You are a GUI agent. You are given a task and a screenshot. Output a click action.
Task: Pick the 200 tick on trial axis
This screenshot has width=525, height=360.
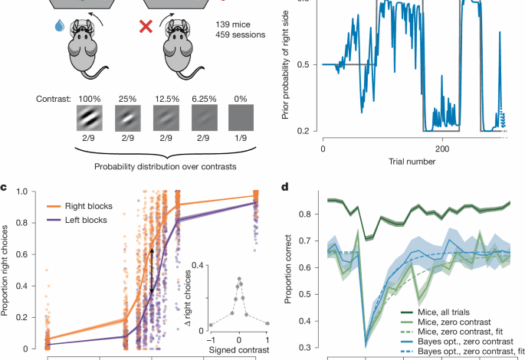click(442, 148)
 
